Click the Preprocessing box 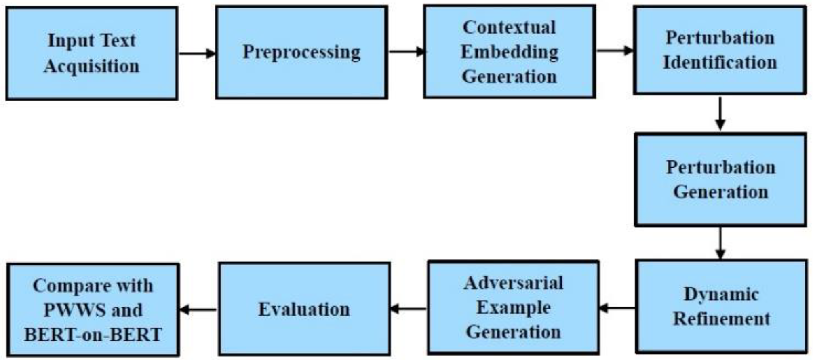[301, 53]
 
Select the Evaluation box [304, 309]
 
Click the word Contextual [509, 27]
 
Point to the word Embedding [509, 52]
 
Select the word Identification [720, 63]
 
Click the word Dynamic [721, 294]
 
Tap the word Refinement [721, 319]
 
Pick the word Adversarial [513, 283]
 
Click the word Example [513, 307]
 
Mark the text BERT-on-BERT [93, 335]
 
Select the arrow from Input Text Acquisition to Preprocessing [197, 53]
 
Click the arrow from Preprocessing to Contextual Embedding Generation [406, 51]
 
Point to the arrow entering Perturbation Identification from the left [614, 51]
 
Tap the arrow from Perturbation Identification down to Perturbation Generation [720, 114]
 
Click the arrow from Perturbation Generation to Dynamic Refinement [720, 242]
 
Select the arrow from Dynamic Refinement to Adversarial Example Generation [617, 308]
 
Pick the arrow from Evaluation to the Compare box [198, 310]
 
